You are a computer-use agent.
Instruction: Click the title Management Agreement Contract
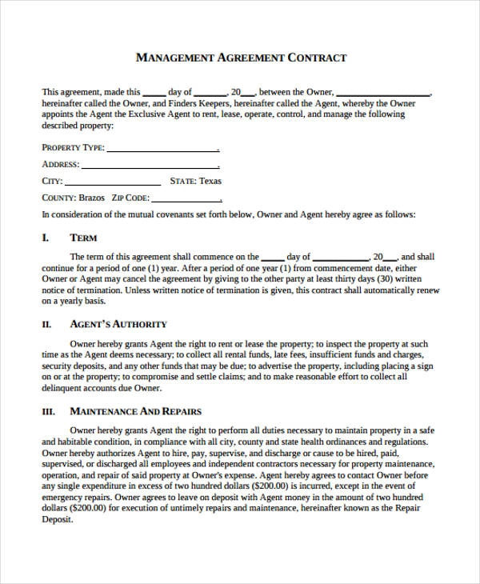pyautogui.click(x=241, y=58)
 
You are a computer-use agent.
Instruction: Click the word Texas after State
pyautogui.click(x=210, y=181)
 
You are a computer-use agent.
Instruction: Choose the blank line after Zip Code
pyautogui.click(x=186, y=198)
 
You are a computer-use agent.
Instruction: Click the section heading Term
pyautogui.click(x=84, y=238)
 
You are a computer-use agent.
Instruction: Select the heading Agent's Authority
pyautogui.click(x=118, y=324)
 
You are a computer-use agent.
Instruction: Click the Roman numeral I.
pyautogui.click(x=45, y=238)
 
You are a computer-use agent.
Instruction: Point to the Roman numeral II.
pyautogui.click(x=46, y=324)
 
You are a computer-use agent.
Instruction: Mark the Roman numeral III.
pyautogui.click(x=48, y=411)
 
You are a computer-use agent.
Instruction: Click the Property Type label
pyautogui.click(x=72, y=148)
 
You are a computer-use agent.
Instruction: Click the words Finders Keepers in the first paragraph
pyautogui.click(x=173, y=103)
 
